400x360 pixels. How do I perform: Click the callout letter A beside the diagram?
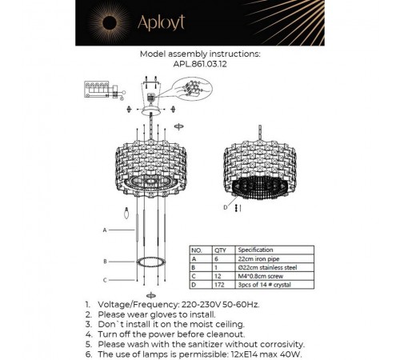[x=104, y=230]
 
